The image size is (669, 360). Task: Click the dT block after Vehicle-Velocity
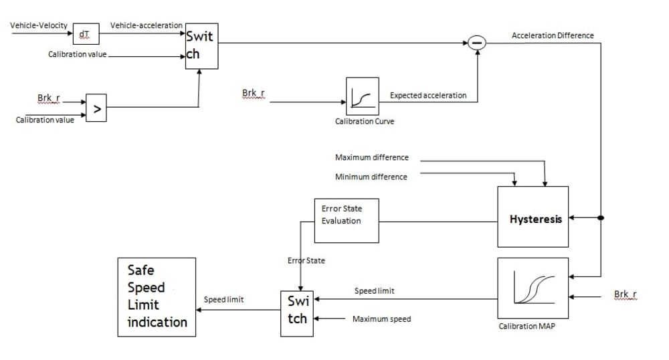[86, 33]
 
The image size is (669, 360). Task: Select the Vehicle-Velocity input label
[39, 25]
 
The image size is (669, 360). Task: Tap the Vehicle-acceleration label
[146, 25]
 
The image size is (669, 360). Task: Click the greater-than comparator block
[97, 110]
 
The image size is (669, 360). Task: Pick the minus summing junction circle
[476, 43]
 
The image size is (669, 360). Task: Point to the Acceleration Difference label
[552, 35]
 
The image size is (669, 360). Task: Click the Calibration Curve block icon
[363, 97]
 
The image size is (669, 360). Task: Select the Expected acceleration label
[428, 96]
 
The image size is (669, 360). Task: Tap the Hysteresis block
[533, 217]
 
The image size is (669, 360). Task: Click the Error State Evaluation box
[347, 220]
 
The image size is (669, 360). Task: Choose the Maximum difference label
[371, 158]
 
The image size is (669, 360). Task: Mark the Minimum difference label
[371, 177]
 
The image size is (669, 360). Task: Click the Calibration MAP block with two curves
[533, 288]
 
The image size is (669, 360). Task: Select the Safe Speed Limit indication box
[157, 296]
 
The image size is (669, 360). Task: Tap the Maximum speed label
[381, 319]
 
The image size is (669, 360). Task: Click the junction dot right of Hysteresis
[601, 217]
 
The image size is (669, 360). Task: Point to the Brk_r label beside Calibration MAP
[626, 294]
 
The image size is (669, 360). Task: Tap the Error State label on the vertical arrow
[306, 260]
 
